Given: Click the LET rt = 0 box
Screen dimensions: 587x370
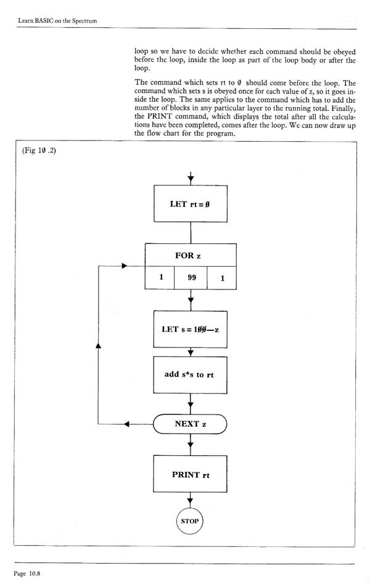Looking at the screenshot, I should (x=191, y=204).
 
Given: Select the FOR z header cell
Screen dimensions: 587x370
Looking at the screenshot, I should (x=191, y=255).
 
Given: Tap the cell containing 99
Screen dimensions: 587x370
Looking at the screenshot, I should (x=191, y=278).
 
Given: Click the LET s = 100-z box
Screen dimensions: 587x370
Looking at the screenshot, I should (x=191, y=329).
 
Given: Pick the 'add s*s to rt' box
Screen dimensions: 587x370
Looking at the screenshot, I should (x=191, y=374).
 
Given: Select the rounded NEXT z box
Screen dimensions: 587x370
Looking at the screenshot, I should (x=191, y=424).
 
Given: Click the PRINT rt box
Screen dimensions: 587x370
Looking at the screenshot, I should (x=191, y=474).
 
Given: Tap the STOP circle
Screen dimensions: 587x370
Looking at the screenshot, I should (x=191, y=520).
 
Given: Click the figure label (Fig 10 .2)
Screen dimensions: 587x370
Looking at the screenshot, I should (x=39, y=153).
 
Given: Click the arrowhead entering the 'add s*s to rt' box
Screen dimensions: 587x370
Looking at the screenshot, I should (x=191, y=353).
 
